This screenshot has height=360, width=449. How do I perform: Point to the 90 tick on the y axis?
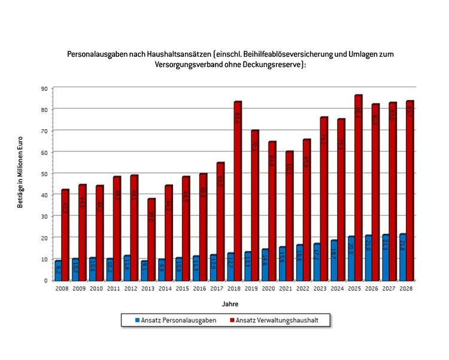[44, 88]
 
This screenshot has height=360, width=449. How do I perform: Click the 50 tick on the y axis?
[44, 173]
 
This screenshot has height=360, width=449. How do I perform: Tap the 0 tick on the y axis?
[45, 280]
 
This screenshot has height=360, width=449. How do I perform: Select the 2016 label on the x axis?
[201, 288]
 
